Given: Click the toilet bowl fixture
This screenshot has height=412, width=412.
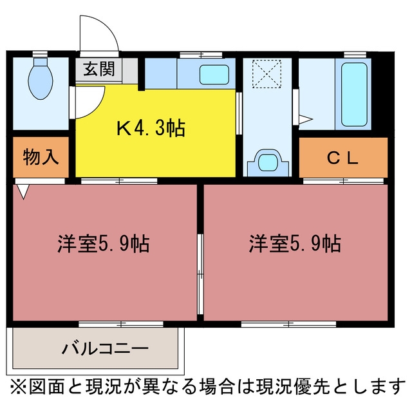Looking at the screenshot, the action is click(x=41, y=79).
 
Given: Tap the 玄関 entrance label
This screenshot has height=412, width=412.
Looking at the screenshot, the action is click(x=99, y=69).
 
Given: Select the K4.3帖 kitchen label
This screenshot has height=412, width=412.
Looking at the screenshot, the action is click(x=151, y=128).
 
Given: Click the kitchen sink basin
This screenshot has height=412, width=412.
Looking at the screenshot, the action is click(x=214, y=75).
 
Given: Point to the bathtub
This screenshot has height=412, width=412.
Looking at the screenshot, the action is click(x=353, y=95).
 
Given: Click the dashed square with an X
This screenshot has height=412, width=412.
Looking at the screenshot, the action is click(x=267, y=74).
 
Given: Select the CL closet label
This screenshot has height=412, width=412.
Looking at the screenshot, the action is click(x=343, y=158).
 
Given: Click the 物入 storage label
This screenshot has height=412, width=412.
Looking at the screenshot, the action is click(x=41, y=157).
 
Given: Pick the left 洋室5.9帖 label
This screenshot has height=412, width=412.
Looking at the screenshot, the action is click(x=104, y=243).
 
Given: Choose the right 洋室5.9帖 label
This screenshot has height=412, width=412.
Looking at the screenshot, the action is click(x=295, y=243).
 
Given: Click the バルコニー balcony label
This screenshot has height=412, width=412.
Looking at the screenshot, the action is click(x=105, y=348).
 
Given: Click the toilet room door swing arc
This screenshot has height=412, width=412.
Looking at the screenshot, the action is click(x=98, y=108).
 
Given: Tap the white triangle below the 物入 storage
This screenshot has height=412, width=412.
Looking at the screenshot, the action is click(x=23, y=191).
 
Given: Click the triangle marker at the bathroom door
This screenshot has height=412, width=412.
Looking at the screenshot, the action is click(x=305, y=120).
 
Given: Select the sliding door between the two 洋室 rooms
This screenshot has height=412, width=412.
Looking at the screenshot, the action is click(x=200, y=274).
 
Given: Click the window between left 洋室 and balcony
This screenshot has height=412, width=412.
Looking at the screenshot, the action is click(x=121, y=324).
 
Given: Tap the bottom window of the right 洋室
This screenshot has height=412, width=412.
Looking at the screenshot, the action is click(x=288, y=324).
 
